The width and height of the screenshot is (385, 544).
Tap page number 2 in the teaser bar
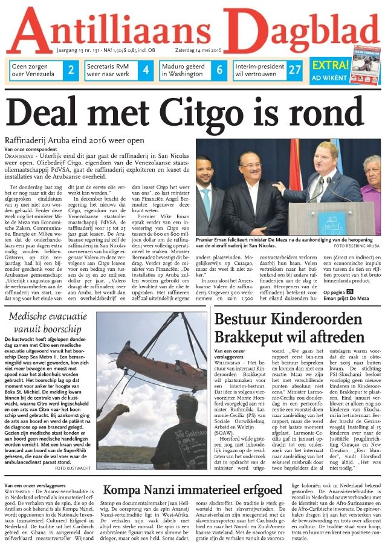pyautogui.click(x=71, y=70)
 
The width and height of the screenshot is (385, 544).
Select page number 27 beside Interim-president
pyautogui.click(x=294, y=70)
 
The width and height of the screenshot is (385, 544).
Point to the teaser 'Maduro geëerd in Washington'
pyautogui.click(x=186, y=70)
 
